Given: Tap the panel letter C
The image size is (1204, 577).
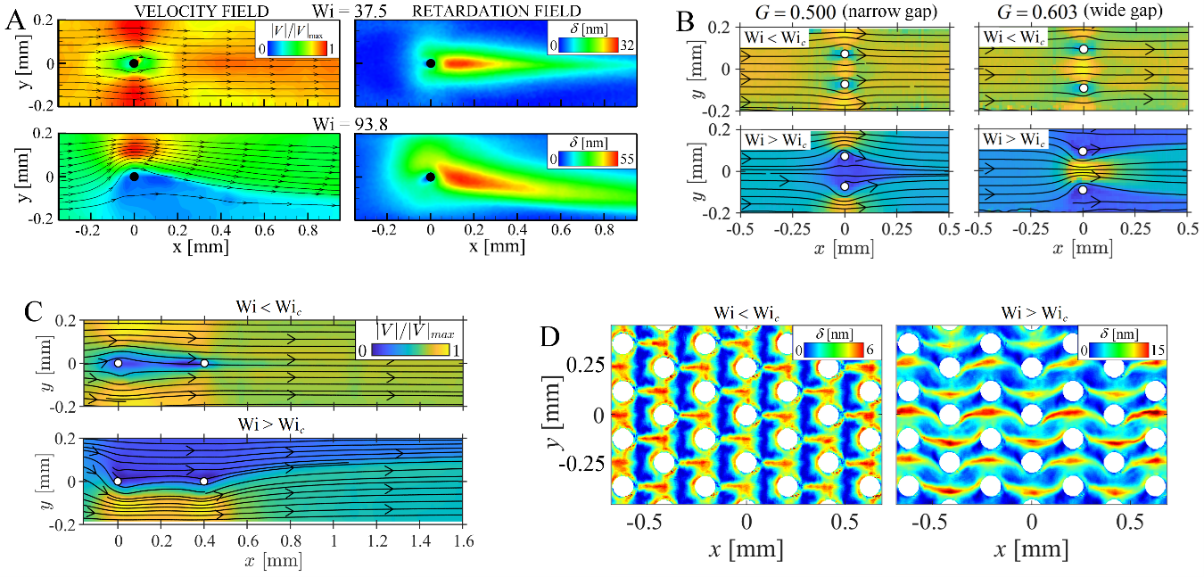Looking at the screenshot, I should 15,314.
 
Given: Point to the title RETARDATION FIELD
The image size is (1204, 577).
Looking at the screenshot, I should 504,10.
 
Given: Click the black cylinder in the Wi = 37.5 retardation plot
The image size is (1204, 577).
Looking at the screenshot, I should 430,63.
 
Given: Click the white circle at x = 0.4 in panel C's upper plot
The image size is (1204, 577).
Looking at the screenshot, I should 204,363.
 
